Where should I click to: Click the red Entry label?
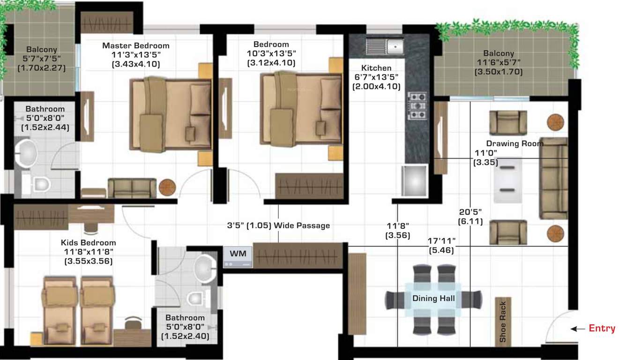coord(602,329)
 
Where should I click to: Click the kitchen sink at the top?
coord(384,46)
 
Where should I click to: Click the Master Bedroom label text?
coord(136,46)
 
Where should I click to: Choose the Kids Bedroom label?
coord(88,243)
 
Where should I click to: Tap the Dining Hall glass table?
coord(433,299)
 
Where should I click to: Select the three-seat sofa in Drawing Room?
coord(553,179)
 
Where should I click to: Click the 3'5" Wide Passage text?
coord(278,225)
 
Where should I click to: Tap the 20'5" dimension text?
coord(470,212)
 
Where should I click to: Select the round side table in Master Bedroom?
coord(167,187)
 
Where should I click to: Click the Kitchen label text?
coord(376,68)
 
